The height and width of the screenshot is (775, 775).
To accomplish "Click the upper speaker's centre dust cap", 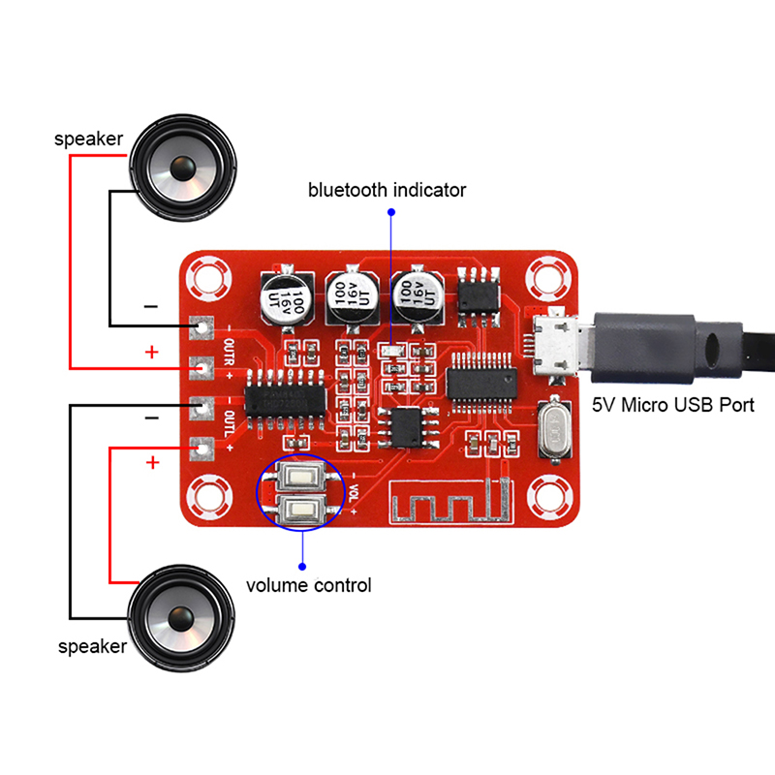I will point(182,169).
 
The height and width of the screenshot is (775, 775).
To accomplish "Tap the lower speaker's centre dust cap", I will point(182,617).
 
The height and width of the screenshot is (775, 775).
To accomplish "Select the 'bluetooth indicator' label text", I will point(387,190).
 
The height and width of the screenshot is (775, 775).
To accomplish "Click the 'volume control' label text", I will point(308,585).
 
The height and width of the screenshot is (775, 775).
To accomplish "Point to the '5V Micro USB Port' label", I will point(672,405).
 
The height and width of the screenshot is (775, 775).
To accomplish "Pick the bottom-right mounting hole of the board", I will point(548,497).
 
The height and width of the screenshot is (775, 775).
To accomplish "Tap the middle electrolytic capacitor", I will point(351,291).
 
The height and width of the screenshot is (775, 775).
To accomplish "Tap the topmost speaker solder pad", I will point(202,327).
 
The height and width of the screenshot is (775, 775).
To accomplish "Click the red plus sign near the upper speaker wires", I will point(151,352).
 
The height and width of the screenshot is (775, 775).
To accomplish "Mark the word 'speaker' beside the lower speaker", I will point(93,646).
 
